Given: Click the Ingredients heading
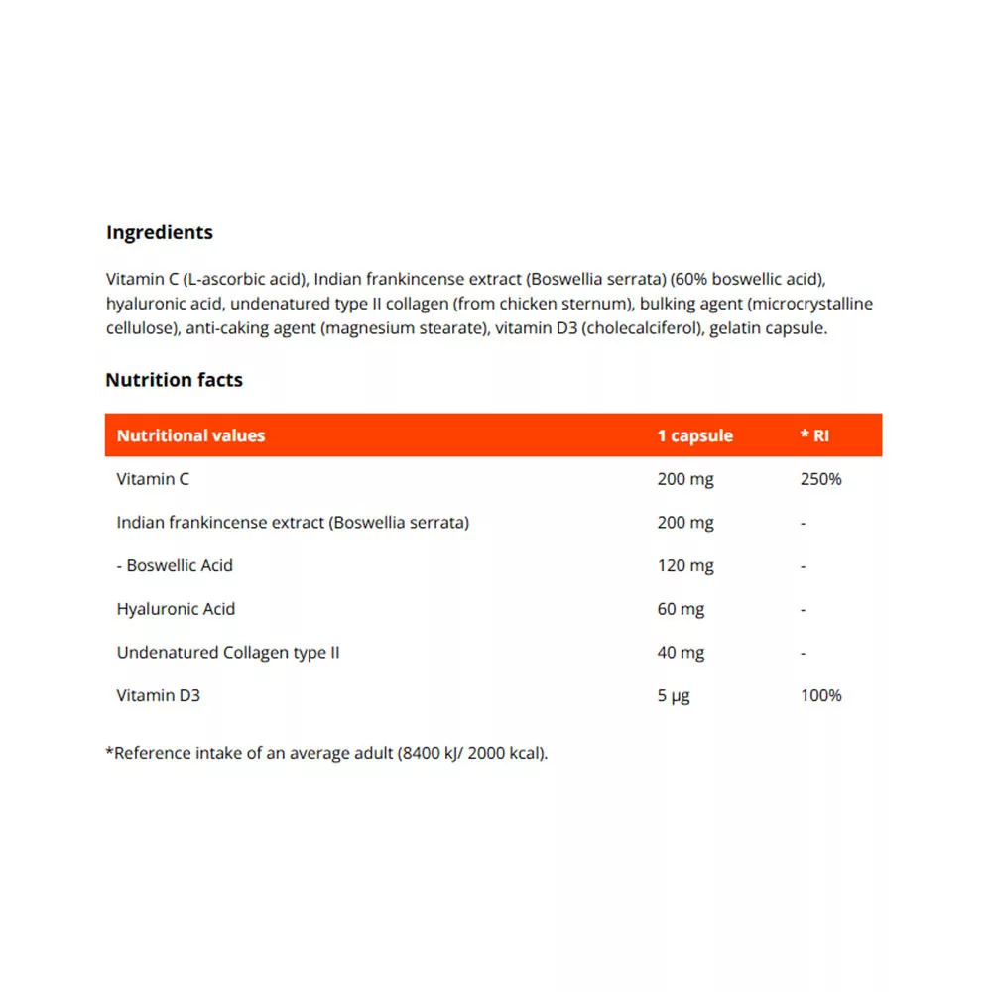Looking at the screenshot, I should tap(159, 233).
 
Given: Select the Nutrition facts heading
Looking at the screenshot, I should tap(174, 380).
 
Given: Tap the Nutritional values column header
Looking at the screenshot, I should tap(190, 435).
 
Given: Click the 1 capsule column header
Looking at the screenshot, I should tap(694, 435).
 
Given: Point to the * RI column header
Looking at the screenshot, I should tap(814, 435).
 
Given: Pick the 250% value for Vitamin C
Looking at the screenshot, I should tap(820, 479).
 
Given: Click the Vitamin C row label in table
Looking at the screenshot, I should tap(153, 479).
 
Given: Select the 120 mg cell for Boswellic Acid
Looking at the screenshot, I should tap(684, 565).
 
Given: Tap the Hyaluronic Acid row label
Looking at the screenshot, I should tap(176, 609).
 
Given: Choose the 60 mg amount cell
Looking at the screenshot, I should tap(681, 609).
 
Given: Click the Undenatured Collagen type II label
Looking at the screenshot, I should tap(228, 653).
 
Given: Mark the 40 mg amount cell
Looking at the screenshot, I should tap(681, 653).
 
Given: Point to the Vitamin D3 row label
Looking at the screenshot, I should tap(158, 695).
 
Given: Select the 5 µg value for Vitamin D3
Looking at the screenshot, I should tap(673, 695).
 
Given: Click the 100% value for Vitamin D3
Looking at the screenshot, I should tap(820, 695).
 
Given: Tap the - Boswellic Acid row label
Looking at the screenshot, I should tap(175, 565).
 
